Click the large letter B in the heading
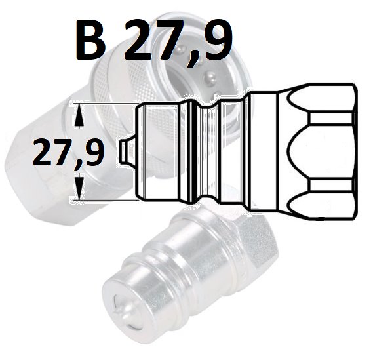90,40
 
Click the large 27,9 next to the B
178,42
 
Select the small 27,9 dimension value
68,153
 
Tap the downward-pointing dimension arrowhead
80,187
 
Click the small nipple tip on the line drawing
128,151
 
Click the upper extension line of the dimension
104,103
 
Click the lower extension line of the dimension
104,200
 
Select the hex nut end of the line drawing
318,151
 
